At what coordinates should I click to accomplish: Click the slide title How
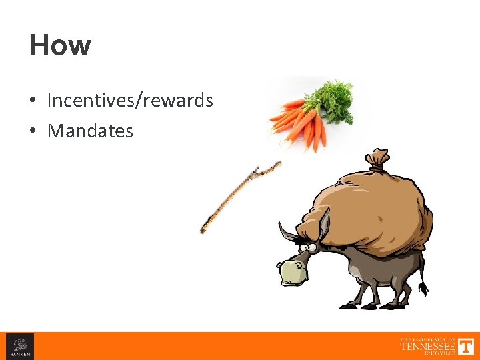[60, 46]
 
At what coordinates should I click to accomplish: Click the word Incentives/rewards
[130, 101]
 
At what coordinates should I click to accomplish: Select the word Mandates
[90, 131]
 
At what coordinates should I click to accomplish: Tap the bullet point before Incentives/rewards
[33, 101]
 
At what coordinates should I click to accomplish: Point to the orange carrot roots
[300, 123]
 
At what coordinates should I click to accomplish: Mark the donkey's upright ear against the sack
[323, 223]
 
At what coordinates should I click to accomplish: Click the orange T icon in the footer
[466, 346]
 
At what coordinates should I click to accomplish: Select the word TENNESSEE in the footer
[427, 346]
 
